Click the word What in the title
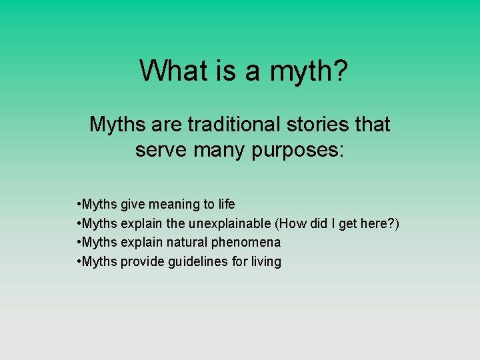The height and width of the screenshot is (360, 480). click(x=169, y=70)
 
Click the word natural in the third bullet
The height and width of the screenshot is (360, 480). click(x=187, y=243)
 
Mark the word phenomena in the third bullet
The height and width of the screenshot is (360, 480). click(x=247, y=243)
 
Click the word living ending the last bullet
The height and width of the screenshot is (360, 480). click(x=266, y=262)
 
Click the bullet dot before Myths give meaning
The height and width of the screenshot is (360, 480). click(x=79, y=204)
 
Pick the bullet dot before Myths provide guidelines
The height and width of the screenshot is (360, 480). click(x=79, y=262)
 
